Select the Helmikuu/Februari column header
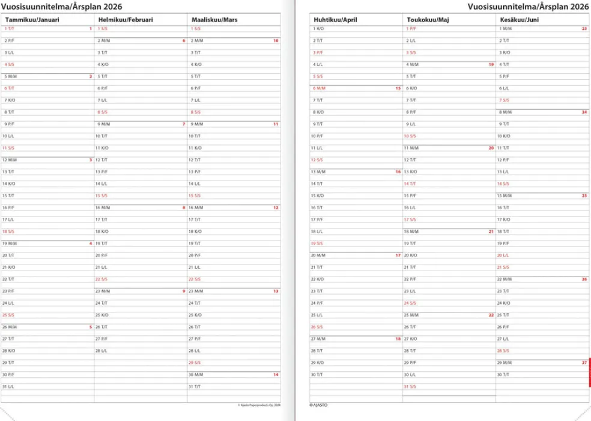pyautogui.click(x=125, y=20)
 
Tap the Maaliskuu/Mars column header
pyautogui.click(x=214, y=20)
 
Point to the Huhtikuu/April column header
pyautogui.click(x=335, y=20)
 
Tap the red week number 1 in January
pyautogui.click(x=90, y=29)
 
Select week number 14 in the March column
pyautogui.click(x=276, y=375)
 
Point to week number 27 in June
pyautogui.click(x=584, y=363)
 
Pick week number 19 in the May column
pyautogui.click(x=491, y=64)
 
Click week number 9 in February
pyautogui.click(x=184, y=291)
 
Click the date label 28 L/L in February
pyautogui.click(x=102, y=351)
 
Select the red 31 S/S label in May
pyautogui.click(x=410, y=387)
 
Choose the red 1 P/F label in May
pyautogui.click(x=410, y=29)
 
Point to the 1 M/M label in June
pyautogui.click(x=505, y=29)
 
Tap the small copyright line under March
pyautogui.click(x=259, y=405)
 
